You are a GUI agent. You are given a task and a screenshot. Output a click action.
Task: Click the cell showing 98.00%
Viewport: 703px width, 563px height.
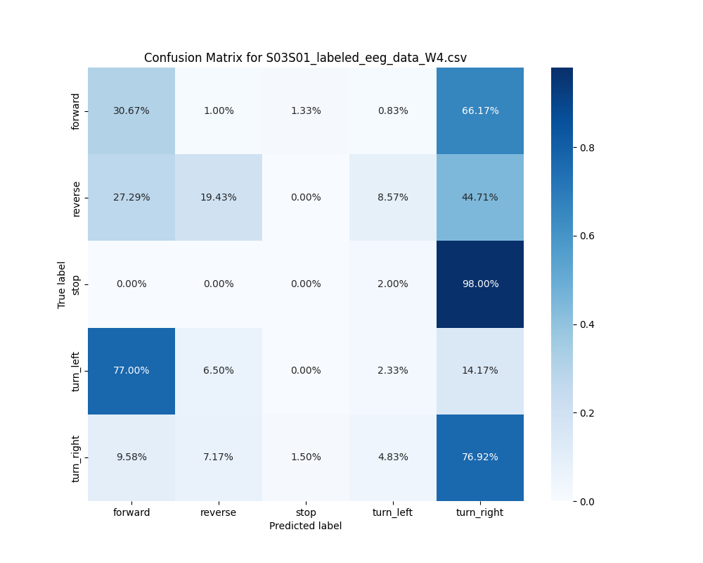pos(480,284)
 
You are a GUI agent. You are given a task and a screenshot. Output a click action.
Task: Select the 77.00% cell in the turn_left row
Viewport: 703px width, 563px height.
pos(131,370)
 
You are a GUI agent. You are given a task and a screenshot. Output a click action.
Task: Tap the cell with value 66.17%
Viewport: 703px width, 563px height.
pos(480,110)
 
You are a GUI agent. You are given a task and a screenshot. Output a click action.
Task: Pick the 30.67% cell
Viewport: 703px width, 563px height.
pos(131,110)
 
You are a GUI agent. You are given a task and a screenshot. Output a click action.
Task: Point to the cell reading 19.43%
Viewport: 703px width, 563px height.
pos(219,197)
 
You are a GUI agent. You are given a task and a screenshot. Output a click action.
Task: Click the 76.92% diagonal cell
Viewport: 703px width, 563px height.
pos(480,457)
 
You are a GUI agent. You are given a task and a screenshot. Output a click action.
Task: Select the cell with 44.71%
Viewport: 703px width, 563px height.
pos(480,197)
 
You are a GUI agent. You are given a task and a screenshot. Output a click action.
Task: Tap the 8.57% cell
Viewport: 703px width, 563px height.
pos(393,197)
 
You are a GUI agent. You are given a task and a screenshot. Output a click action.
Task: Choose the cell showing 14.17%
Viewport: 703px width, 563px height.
pos(480,370)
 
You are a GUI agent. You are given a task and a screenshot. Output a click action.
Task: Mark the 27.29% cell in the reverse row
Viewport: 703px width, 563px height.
pos(131,197)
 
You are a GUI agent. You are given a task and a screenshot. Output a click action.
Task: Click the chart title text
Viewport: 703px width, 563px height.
pos(305,58)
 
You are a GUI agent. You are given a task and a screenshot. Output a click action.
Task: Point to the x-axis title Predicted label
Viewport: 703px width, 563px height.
pos(305,526)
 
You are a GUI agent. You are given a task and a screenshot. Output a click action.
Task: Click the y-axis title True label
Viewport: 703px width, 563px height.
pos(62,284)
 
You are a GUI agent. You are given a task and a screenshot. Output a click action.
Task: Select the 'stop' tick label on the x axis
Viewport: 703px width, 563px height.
pos(306,512)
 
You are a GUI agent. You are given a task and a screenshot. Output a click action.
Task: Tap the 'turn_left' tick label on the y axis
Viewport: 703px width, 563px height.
pos(76,371)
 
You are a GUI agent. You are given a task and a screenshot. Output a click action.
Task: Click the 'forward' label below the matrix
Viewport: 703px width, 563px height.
pos(131,512)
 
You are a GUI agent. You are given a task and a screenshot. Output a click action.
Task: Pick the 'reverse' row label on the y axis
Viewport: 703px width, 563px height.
pos(76,198)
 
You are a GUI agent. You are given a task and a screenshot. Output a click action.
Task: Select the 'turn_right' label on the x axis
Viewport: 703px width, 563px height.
pos(480,512)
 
